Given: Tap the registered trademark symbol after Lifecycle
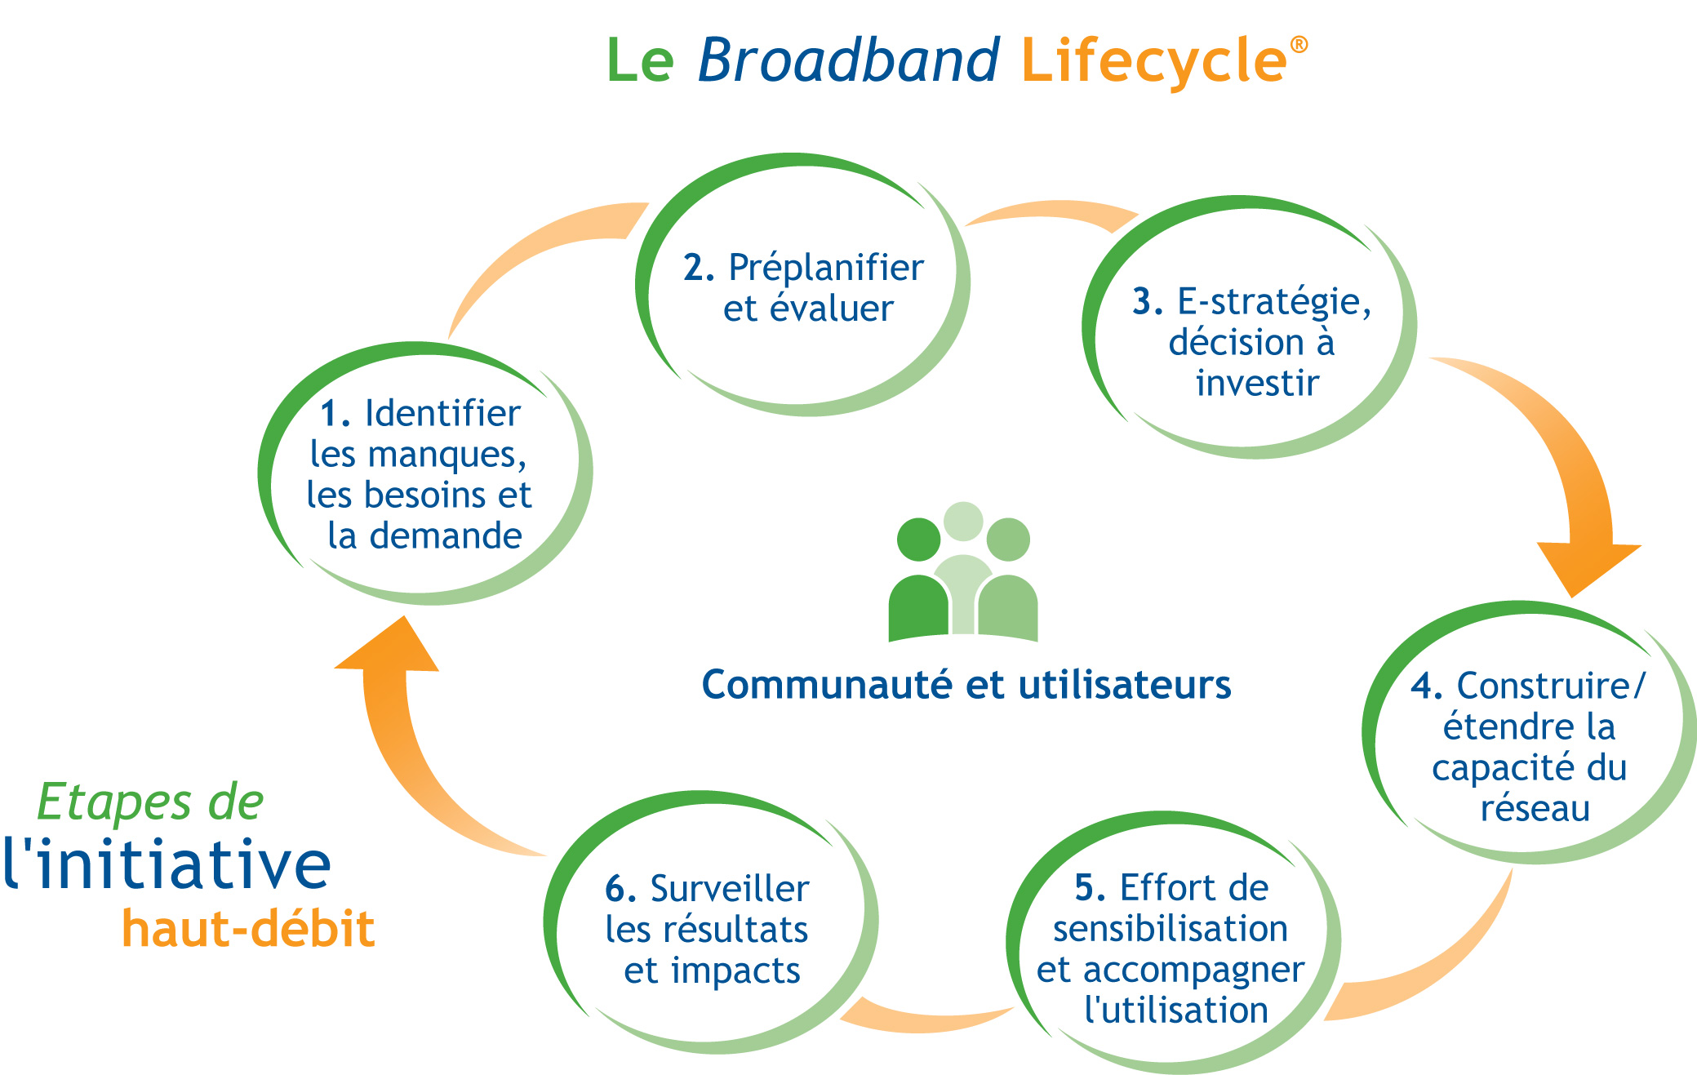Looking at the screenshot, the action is (x=1299, y=44).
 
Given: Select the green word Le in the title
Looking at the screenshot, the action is (x=641, y=60).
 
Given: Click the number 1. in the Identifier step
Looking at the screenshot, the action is (x=335, y=413).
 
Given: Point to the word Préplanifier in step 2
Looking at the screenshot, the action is (x=826, y=268).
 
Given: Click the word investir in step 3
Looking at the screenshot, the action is (x=1257, y=383).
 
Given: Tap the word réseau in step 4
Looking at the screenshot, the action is (x=1535, y=808).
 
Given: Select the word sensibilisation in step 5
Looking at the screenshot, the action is (x=1171, y=928).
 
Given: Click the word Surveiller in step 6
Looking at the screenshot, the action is (x=730, y=889).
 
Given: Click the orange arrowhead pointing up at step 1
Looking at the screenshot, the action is (x=387, y=644).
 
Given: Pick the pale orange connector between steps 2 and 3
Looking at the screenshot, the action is (x=1051, y=214).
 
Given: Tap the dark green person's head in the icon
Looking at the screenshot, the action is (x=918, y=540).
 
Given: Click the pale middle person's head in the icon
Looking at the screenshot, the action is (x=963, y=522).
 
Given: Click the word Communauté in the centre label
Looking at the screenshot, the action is (x=827, y=684).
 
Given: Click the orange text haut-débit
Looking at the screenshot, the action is (x=248, y=928).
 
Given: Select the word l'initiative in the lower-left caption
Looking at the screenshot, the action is (x=167, y=864).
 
